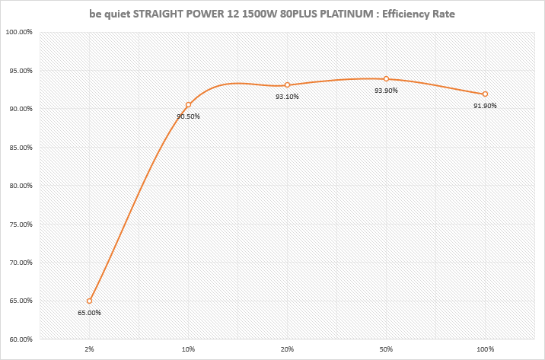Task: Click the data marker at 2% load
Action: pos(90,301)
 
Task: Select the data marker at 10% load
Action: pos(188,104)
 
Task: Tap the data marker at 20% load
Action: pos(287,84)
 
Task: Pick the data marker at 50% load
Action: pos(387,78)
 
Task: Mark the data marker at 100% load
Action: pos(485,94)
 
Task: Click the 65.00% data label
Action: pos(89,313)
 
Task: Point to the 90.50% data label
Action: pos(188,116)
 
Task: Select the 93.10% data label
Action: pos(287,97)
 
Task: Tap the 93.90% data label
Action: pos(386,91)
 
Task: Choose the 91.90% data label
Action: pos(485,106)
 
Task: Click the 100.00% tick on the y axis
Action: pos(18,32)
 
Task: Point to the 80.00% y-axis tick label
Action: pos(18,186)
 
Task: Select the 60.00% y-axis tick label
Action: pos(18,339)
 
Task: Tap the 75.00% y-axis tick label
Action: pos(18,225)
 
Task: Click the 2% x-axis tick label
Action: pos(89,349)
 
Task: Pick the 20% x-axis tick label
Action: pos(287,349)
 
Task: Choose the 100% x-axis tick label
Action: pos(485,349)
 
